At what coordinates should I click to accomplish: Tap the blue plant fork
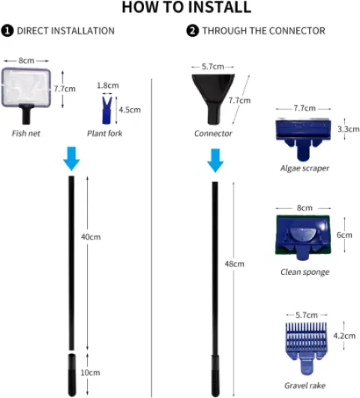(107, 110)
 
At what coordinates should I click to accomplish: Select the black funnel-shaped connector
(213, 98)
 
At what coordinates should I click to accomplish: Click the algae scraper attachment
(303, 139)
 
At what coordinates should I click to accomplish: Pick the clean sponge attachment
(303, 237)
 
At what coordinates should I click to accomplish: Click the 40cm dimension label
(91, 237)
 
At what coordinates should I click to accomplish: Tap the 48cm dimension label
(235, 264)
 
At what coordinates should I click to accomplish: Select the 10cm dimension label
(90, 372)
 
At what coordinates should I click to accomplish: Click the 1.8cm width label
(108, 86)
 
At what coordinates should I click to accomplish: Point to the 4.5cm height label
(130, 110)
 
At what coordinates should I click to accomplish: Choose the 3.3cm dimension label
(348, 129)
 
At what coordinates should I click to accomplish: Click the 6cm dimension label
(344, 235)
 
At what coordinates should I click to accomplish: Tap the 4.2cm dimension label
(344, 336)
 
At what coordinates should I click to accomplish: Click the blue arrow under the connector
(215, 161)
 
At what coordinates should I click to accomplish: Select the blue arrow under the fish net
(71, 158)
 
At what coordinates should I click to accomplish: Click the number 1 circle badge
(7, 31)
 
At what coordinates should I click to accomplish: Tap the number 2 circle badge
(193, 31)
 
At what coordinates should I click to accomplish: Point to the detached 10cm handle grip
(72, 375)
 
